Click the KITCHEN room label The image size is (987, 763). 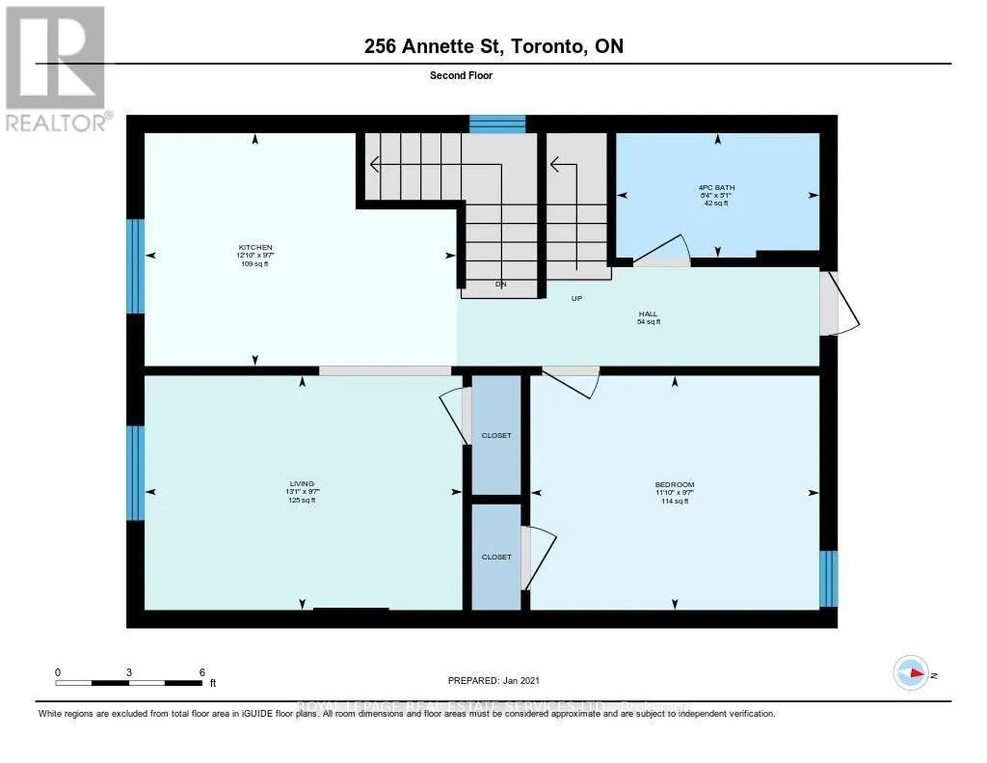coord(255,248)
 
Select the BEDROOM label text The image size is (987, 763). coord(674,484)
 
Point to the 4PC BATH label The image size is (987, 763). coord(717,187)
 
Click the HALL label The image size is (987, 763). coord(648,313)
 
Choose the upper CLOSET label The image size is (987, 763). coord(496,435)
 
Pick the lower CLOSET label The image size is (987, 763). coord(496,557)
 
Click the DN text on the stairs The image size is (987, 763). coord(500,285)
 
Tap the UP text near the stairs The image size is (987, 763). coord(577,298)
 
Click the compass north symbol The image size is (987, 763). coord(910,671)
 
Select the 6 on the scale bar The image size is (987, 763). coord(201,671)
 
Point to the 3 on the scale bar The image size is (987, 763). coord(128,671)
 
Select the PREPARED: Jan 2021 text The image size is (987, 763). coord(501,679)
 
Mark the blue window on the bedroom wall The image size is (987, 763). coord(828,579)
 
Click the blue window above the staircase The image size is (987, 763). coord(497,123)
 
